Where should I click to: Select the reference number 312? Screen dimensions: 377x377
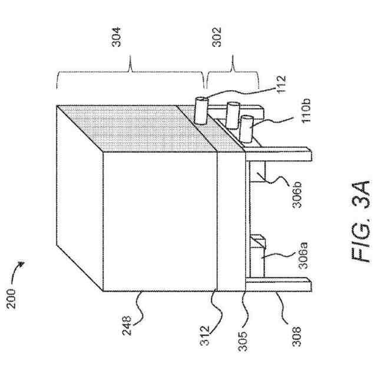(215, 332)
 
